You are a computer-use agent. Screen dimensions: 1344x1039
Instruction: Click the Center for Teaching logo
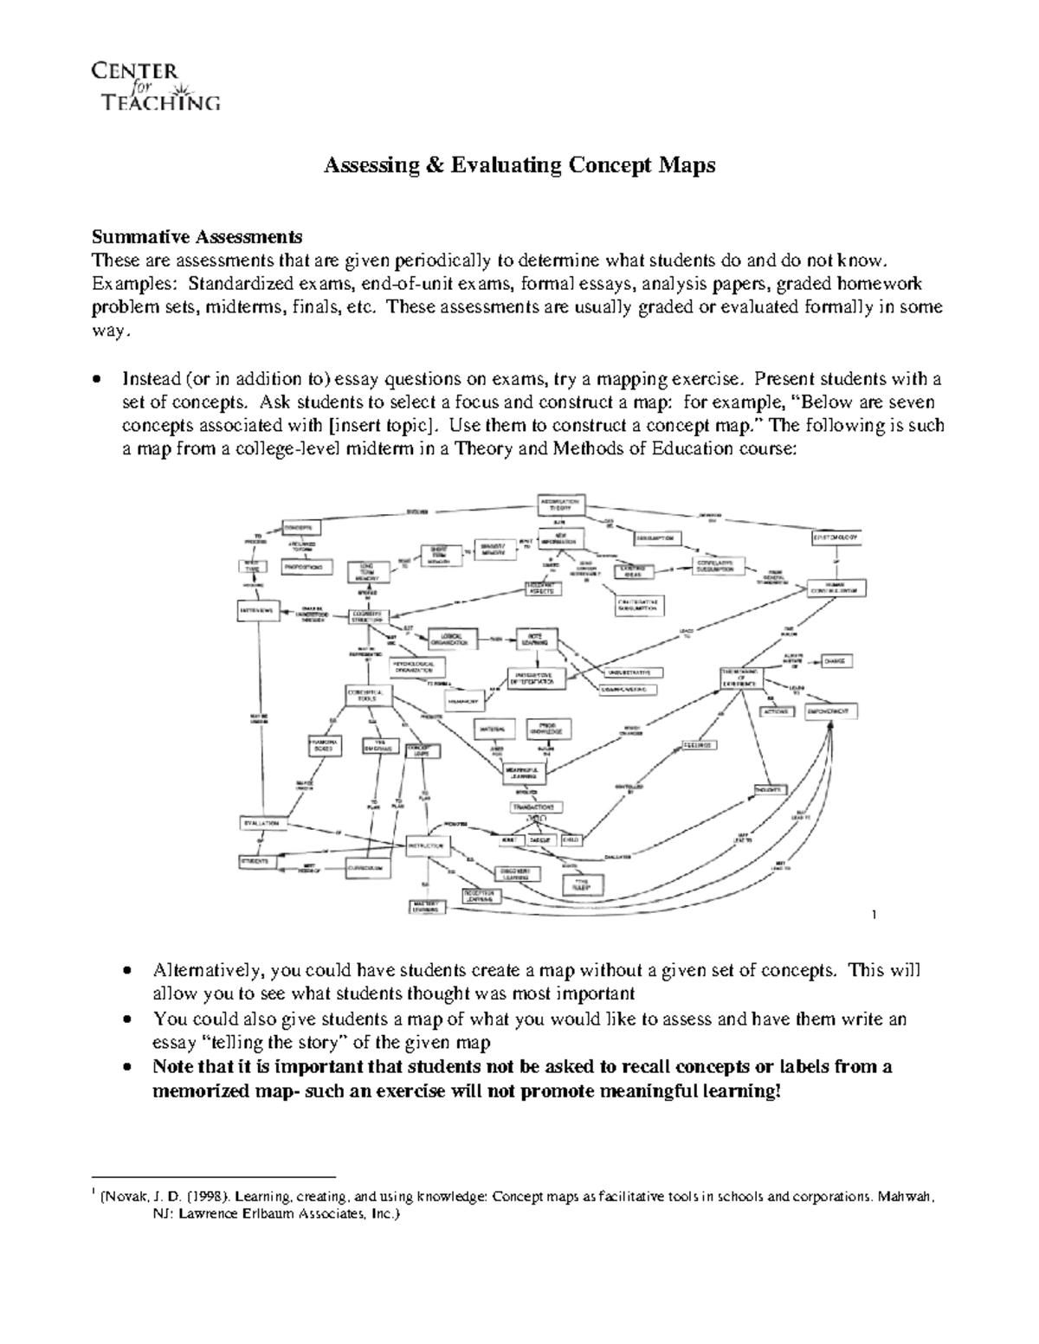point(155,87)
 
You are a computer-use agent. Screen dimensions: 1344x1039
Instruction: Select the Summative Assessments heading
point(197,236)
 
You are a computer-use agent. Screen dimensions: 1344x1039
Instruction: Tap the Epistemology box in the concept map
point(837,538)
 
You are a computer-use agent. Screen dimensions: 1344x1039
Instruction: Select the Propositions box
point(307,567)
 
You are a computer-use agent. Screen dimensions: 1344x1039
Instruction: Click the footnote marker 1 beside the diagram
point(875,915)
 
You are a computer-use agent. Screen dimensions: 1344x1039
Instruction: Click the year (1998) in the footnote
point(204,1198)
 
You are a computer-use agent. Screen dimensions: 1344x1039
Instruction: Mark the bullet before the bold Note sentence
point(128,1068)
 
